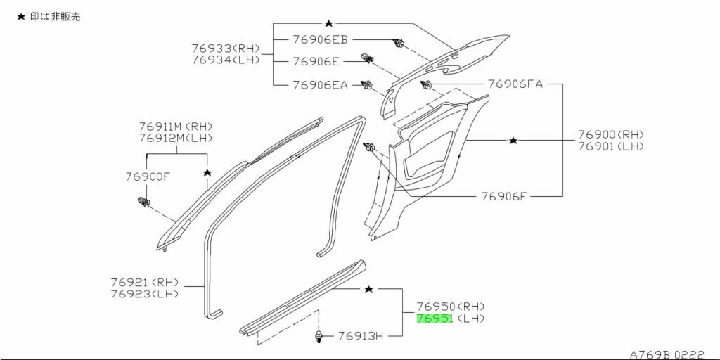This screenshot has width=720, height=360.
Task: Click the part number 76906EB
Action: point(321,40)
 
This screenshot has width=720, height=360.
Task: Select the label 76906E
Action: point(316,62)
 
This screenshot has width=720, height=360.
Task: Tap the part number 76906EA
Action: point(321,85)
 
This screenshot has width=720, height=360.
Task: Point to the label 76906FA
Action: point(515,84)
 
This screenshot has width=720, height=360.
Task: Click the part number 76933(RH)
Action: point(226,49)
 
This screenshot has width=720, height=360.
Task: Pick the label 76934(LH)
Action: point(226,60)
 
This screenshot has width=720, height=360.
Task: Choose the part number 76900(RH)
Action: point(611,134)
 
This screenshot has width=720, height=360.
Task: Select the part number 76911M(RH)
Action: point(175,126)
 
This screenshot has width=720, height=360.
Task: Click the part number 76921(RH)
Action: point(143,282)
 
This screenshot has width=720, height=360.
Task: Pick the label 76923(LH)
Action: point(143,293)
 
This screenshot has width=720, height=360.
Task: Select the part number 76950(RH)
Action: point(450,307)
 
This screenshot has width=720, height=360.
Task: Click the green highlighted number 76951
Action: point(434,319)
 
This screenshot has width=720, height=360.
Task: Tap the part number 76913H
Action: point(361,336)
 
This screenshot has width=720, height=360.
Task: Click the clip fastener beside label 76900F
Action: point(144,203)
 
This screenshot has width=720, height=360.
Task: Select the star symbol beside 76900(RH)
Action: point(513,141)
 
